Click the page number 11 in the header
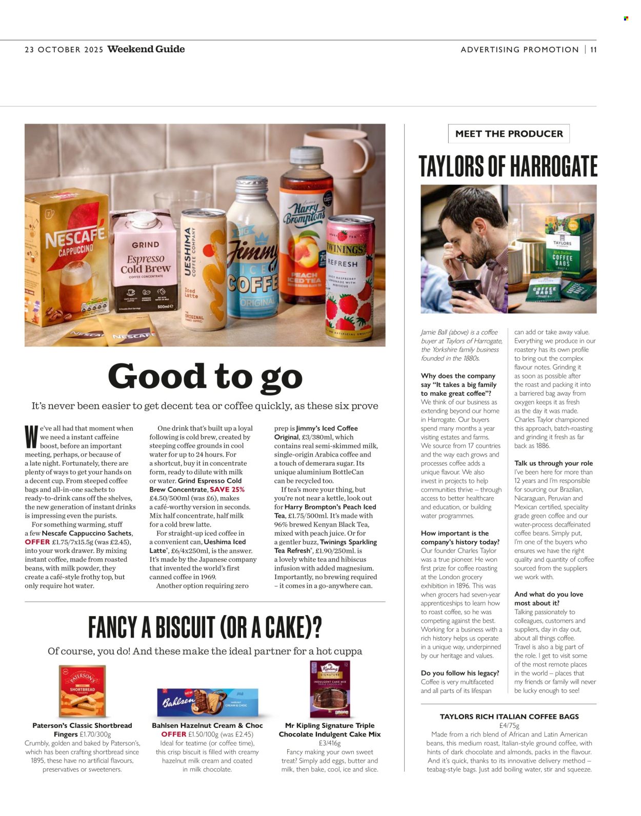[593, 50]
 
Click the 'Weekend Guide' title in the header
[146, 49]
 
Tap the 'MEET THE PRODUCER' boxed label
[509, 134]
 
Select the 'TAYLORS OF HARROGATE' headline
[508, 166]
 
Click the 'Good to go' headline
[205, 377]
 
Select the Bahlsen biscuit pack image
[207, 702]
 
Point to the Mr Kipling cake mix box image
[330, 689]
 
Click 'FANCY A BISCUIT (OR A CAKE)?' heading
[205, 627]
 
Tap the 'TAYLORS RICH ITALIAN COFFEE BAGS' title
[509, 717]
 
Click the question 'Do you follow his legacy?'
[459, 673]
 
